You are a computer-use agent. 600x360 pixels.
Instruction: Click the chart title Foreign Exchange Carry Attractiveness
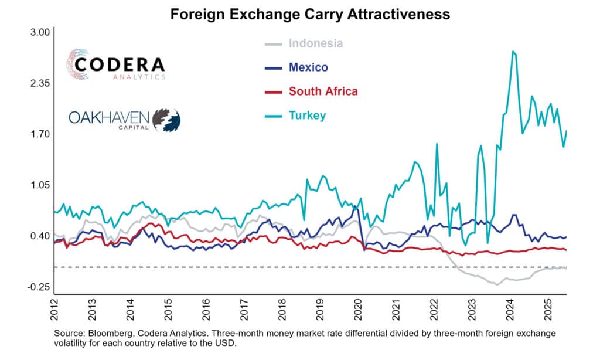(310, 14)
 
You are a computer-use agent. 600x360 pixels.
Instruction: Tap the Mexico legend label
(308, 67)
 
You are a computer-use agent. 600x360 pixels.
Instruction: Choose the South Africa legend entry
(323, 91)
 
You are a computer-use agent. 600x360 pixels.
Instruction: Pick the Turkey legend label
(307, 116)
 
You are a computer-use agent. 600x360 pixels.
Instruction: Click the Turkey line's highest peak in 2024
(513, 52)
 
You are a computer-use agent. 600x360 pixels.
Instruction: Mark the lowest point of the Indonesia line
(497, 284)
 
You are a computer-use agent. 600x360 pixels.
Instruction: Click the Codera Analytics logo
(115, 65)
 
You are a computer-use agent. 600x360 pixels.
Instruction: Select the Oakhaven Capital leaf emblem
(166, 119)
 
